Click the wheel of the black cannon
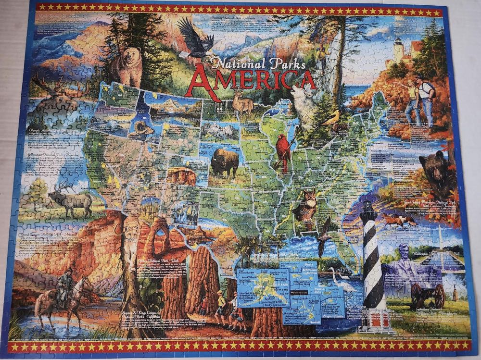tap(439, 296)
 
